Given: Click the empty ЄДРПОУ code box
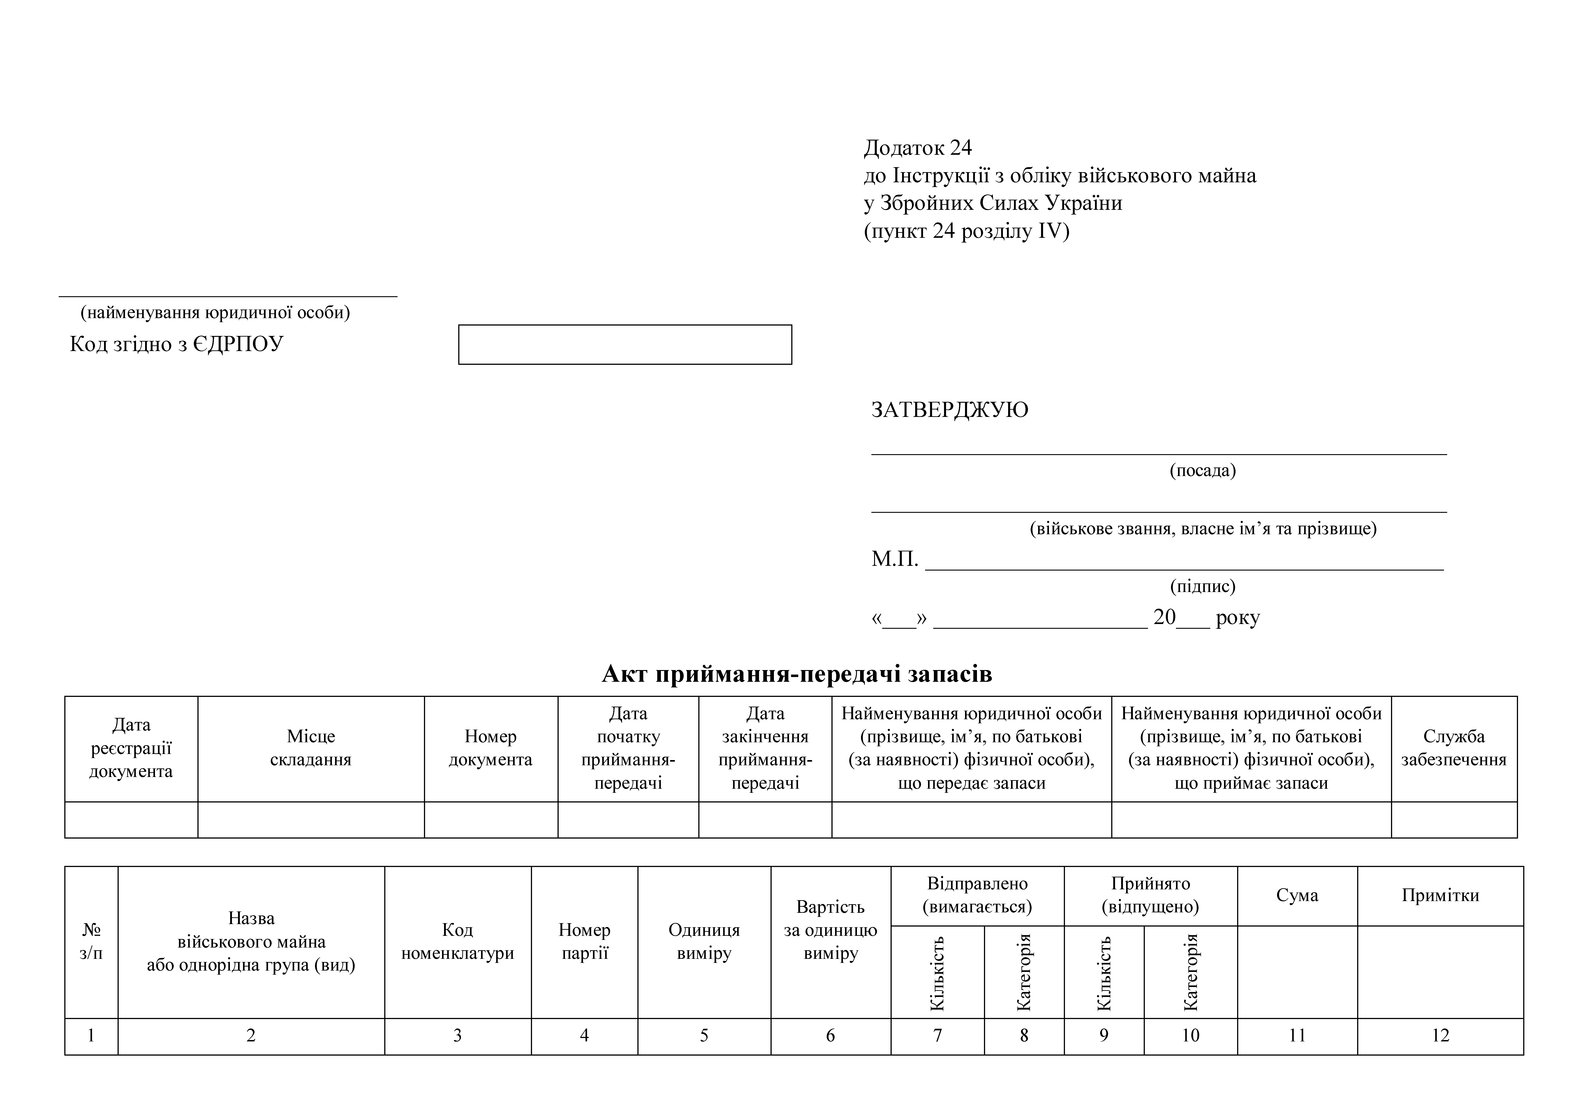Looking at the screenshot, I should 625,345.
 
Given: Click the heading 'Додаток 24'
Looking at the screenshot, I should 918,148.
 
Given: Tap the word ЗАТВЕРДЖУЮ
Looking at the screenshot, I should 949,409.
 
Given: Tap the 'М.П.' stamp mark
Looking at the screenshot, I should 894,559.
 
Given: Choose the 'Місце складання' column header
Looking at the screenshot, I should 311,748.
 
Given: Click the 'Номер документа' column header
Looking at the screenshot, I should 490,748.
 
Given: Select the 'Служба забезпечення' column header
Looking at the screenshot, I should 1453,748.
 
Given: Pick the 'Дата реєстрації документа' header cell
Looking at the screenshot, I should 131,748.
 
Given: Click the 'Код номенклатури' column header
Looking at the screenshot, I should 458,942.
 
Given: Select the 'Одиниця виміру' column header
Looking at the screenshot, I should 704,942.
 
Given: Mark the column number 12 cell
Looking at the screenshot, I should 1440,1036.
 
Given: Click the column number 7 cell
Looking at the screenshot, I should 937,1036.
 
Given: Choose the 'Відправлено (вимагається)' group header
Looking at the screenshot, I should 977,895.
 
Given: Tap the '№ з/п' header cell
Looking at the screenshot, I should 91,942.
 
